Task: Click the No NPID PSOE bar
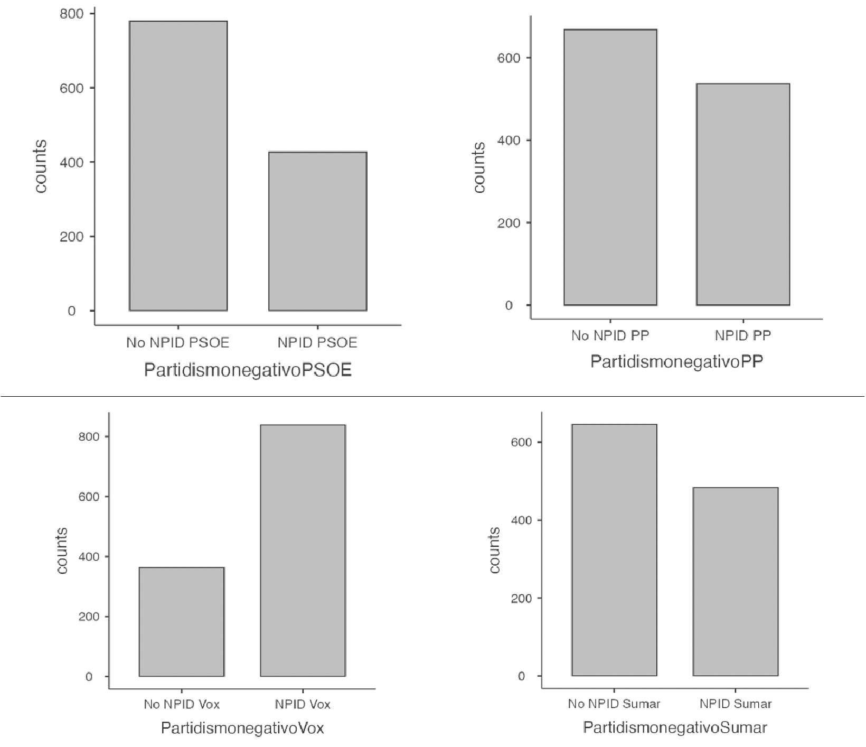178,166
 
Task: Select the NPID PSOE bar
317,231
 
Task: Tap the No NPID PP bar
610,167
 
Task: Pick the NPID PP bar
743,194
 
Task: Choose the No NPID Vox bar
182,622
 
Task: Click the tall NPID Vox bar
303,550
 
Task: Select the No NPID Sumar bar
614,550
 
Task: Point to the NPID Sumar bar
736,582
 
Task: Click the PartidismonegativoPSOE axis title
248,370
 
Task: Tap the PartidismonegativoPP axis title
676,361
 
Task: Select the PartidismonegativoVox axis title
242,728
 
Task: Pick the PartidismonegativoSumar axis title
674,727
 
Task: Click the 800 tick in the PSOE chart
71,14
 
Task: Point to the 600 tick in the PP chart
509,58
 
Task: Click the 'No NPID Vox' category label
182,704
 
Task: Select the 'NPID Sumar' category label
736,704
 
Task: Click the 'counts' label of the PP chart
479,167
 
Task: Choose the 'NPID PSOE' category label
317,343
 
